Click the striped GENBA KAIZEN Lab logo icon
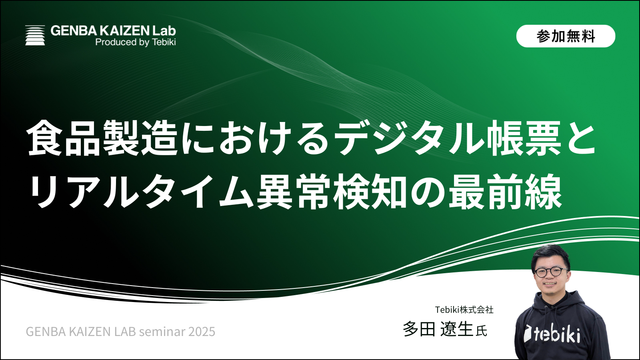click(x=35, y=36)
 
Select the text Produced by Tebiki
click(x=136, y=42)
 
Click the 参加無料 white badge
click(x=566, y=36)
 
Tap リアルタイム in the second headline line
click(x=142, y=191)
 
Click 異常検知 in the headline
click(x=332, y=191)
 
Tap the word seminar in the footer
click(x=162, y=332)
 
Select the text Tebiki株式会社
click(x=464, y=310)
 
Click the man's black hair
click(x=550, y=255)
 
